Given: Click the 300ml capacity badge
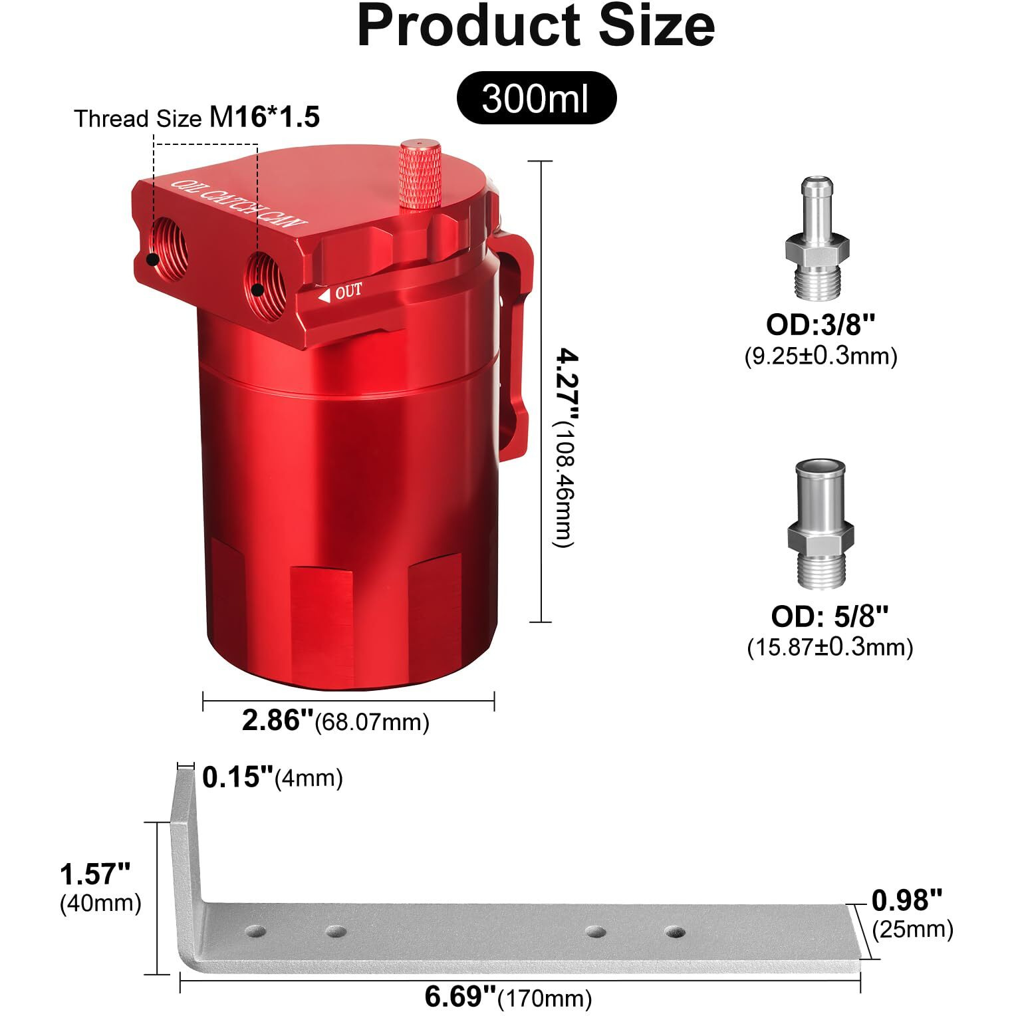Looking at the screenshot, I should tap(536, 98).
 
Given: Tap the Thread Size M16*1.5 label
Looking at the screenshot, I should tap(197, 118).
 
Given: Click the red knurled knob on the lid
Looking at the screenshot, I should tap(420, 174).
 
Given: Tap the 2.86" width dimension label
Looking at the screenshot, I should tap(277, 721).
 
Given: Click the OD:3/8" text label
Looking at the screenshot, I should tap(821, 325).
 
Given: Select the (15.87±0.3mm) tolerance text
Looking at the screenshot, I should tap(830, 647).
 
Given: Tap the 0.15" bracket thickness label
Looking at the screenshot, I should tap(237, 777).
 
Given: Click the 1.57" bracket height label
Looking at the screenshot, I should tap(95, 874).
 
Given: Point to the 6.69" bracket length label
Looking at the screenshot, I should tap(460, 997).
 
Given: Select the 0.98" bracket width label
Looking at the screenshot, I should tap(907, 901).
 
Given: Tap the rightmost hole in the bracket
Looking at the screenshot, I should tap(674, 932).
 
